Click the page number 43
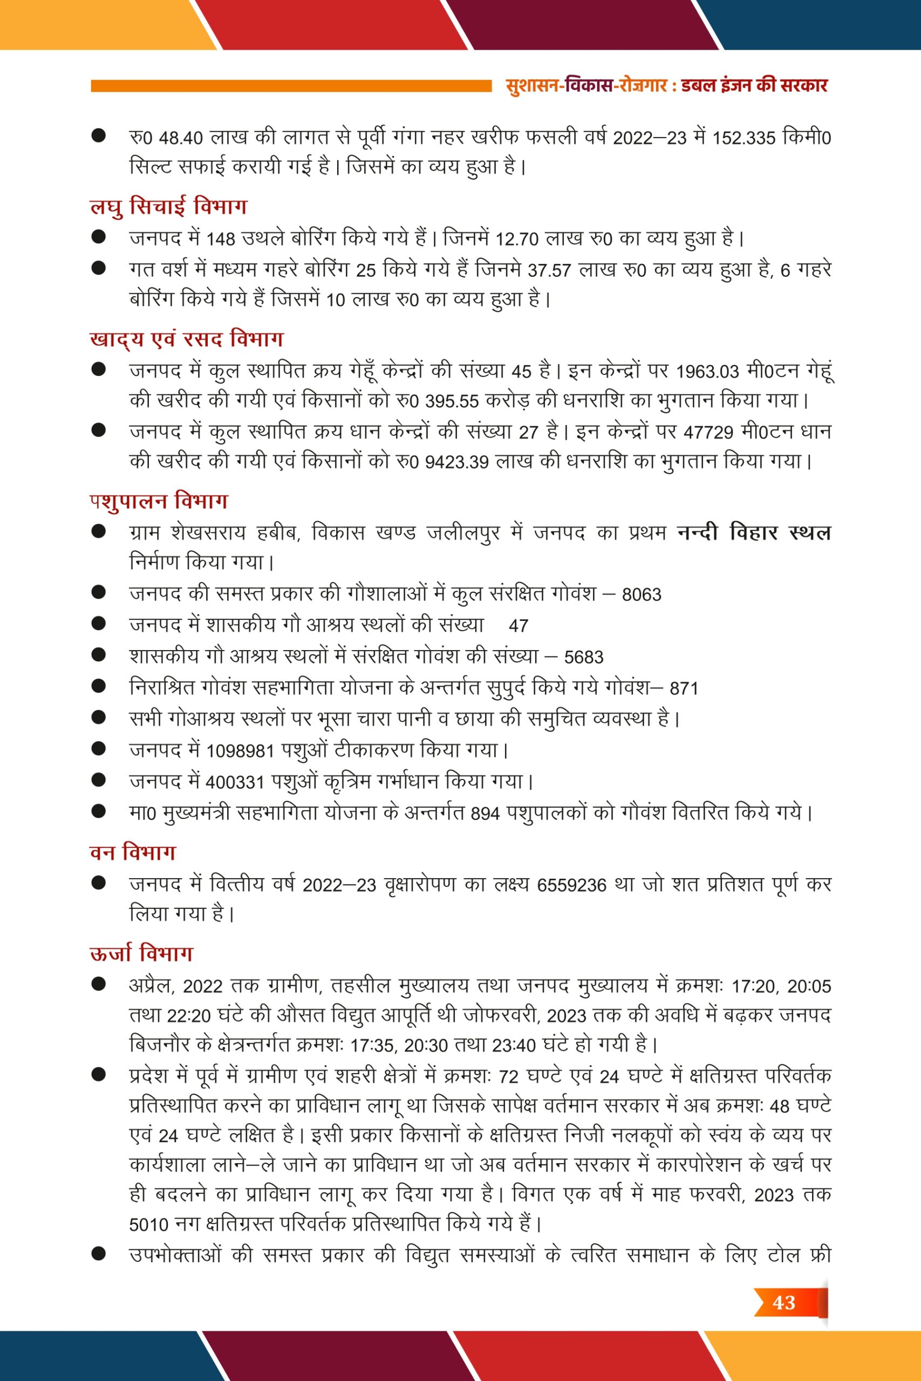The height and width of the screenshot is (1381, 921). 783,1302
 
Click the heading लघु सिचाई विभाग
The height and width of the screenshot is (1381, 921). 168,207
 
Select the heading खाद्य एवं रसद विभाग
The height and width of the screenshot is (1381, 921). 186,339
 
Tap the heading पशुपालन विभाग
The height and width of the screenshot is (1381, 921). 159,501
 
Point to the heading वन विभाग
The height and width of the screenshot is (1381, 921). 133,852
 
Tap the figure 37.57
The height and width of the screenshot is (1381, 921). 549,271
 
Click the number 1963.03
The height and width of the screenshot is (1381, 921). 707,372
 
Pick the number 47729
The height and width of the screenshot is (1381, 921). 708,433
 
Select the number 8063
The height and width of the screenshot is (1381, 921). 642,595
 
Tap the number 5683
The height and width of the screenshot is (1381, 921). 583,657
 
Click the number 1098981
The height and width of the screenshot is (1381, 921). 240,751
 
